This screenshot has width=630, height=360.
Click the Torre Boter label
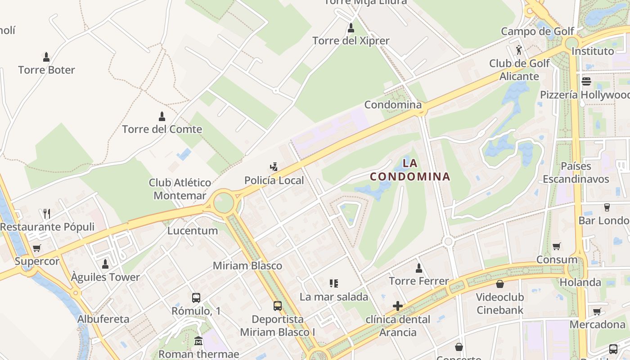[x=46, y=70]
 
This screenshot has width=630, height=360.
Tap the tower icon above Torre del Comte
[x=162, y=117]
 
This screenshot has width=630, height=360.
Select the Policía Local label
[x=274, y=180]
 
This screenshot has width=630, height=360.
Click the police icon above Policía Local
[x=274, y=167]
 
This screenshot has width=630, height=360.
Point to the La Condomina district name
[x=410, y=170]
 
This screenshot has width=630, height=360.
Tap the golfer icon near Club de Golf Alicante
[x=519, y=49]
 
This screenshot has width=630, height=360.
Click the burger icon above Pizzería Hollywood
[x=586, y=81]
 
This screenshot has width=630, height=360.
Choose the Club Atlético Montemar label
[x=180, y=189]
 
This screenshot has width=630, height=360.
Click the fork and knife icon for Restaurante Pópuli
[x=47, y=213]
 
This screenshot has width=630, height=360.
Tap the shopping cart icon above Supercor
[x=37, y=248]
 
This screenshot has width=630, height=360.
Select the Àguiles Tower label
[x=105, y=277]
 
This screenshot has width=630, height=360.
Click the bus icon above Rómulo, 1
[x=196, y=297]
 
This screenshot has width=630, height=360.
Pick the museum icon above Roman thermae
[x=198, y=341]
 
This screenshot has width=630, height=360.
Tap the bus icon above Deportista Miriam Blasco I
[x=278, y=306]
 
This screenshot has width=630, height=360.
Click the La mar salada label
[x=334, y=297]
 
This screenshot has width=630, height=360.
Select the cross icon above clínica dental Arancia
[x=398, y=306]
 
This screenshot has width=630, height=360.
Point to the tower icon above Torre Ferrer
[x=419, y=268]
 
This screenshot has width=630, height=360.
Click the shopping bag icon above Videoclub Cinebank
[x=499, y=284]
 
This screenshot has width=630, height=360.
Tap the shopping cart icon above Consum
[x=557, y=246]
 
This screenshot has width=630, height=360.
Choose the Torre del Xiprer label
[x=351, y=40]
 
